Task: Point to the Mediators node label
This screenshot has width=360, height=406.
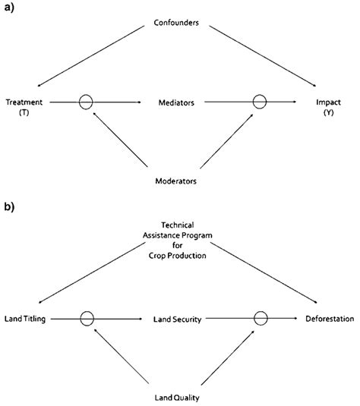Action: point(176,101)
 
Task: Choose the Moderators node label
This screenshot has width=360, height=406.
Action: point(176,182)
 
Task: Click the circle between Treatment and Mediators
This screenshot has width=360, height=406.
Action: point(87,100)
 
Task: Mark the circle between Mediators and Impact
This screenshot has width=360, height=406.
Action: point(260,100)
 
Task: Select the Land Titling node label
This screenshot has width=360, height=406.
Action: point(25,319)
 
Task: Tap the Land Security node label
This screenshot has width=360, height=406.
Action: point(176,319)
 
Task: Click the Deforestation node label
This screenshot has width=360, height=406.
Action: point(330,319)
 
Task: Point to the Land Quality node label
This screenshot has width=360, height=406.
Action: point(176,396)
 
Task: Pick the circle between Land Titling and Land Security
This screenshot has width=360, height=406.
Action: point(87,319)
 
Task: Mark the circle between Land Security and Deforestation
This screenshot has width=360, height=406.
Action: point(260,319)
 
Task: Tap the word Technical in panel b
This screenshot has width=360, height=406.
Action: point(176,225)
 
